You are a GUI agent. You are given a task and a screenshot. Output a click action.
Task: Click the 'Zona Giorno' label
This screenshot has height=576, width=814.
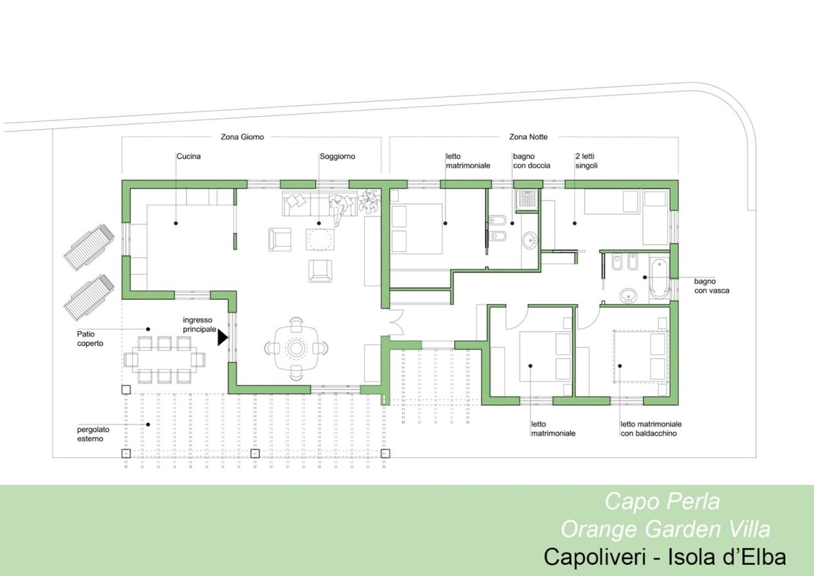tap(242, 137)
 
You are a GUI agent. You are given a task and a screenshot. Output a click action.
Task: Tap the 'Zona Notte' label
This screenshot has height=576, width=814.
tap(528, 137)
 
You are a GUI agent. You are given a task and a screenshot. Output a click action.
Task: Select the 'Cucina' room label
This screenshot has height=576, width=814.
tap(189, 156)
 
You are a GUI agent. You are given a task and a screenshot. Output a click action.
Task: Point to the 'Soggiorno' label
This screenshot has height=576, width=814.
tap(337, 157)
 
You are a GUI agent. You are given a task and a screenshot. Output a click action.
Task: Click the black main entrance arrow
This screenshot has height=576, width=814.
tap(222, 338)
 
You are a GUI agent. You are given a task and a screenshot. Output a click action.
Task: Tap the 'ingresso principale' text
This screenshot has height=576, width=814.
tap(199, 324)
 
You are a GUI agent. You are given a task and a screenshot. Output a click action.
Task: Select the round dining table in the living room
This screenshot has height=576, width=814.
tap(296, 349)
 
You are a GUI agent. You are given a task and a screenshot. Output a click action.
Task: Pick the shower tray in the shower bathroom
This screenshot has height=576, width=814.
tap(526, 200)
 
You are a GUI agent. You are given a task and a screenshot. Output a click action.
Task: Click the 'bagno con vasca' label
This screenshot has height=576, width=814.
tap(712, 286)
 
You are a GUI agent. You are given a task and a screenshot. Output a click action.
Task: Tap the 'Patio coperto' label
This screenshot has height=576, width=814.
tap(90, 339)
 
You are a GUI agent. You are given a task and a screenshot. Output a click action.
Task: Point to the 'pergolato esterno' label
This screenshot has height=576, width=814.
tap(93, 434)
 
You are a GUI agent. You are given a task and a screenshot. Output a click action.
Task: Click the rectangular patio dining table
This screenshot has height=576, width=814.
tap(164, 360)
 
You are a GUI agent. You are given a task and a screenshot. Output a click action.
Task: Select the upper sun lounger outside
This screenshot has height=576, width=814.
tap(89, 247)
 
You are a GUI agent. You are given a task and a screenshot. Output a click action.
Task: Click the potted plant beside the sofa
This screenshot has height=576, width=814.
tap(369, 201)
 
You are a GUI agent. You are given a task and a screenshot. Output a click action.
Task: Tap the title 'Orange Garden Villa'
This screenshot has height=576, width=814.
tap(665, 529)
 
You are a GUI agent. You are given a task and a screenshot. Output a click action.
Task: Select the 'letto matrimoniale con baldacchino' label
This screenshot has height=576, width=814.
tap(651, 429)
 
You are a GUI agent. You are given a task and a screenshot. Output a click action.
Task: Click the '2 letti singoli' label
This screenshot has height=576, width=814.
tap(586, 161)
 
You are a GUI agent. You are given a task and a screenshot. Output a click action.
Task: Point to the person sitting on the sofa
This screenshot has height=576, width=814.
tap(340, 208)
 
